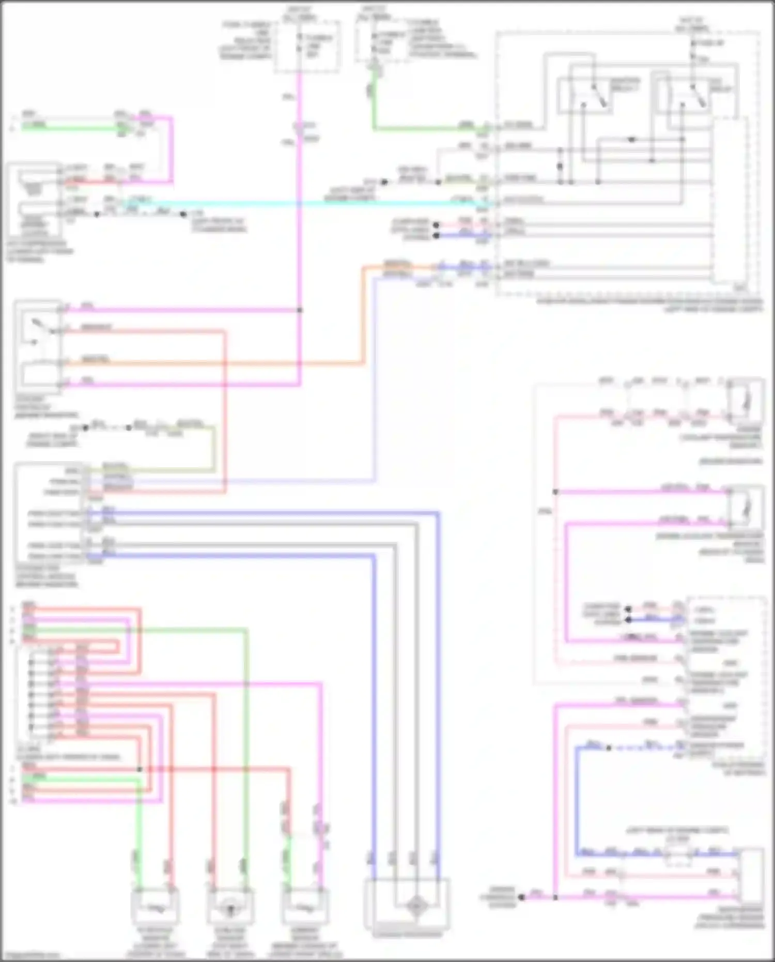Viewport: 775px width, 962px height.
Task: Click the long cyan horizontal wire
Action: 310,203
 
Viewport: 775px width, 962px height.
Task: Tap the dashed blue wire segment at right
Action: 646,747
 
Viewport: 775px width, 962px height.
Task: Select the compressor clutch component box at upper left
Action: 34,199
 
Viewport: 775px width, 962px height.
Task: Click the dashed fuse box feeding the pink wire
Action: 307,47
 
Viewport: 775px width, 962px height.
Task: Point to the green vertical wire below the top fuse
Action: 374,103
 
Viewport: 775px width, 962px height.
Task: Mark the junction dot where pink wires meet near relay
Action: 300,310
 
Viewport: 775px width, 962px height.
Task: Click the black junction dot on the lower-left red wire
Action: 139,769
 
